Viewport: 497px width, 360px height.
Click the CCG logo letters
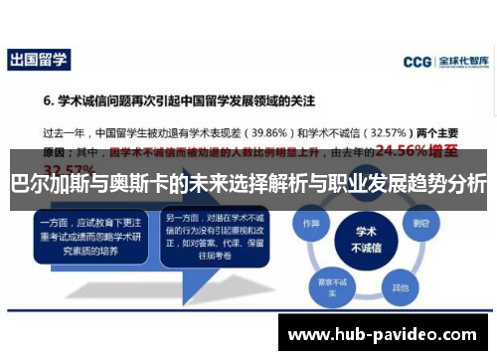coord(416,61)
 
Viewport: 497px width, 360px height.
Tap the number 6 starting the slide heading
coord(47,101)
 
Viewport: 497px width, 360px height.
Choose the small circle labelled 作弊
coord(312,224)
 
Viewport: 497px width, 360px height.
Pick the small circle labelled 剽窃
coord(421,224)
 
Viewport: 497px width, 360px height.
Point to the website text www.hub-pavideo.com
coord(381,335)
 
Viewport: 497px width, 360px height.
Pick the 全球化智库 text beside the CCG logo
coord(463,61)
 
